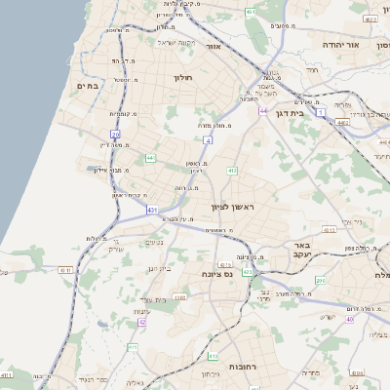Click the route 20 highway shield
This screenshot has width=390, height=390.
tap(116, 134)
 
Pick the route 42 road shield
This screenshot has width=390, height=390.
tap(142, 321)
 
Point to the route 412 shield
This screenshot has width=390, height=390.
tap(231, 171)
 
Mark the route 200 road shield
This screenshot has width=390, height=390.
tap(322, 281)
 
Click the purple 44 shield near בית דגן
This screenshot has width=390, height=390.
tap(263, 111)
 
